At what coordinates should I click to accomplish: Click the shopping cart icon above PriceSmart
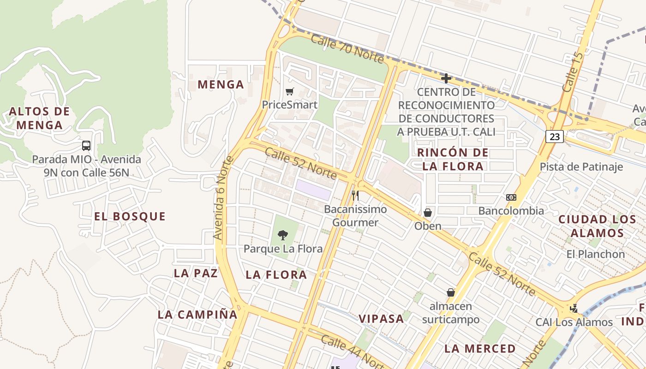click(x=289, y=91)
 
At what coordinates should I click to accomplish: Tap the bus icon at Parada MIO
click(x=86, y=146)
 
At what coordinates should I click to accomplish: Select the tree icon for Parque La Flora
click(x=283, y=235)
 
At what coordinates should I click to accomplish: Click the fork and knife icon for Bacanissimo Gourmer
click(x=355, y=196)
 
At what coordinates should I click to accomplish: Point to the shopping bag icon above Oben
click(x=428, y=213)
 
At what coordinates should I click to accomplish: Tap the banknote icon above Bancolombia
click(x=511, y=197)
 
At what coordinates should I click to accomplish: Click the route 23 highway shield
click(x=555, y=137)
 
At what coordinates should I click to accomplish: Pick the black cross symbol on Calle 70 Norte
click(x=446, y=78)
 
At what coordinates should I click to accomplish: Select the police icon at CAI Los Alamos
click(x=574, y=308)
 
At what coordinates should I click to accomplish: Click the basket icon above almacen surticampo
click(x=451, y=292)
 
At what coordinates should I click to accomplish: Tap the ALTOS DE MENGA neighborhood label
click(x=39, y=118)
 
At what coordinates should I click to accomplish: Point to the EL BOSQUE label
click(x=130, y=216)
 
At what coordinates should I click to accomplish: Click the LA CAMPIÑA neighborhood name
click(x=197, y=315)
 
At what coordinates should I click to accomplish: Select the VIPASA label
click(x=381, y=319)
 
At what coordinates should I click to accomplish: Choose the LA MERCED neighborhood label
click(x=480, y=349)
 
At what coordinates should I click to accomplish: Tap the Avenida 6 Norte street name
click(x=224, y=198)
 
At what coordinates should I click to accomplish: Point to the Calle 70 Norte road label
click(x=347, y=48)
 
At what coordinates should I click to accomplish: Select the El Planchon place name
click(x=595, y=254)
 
